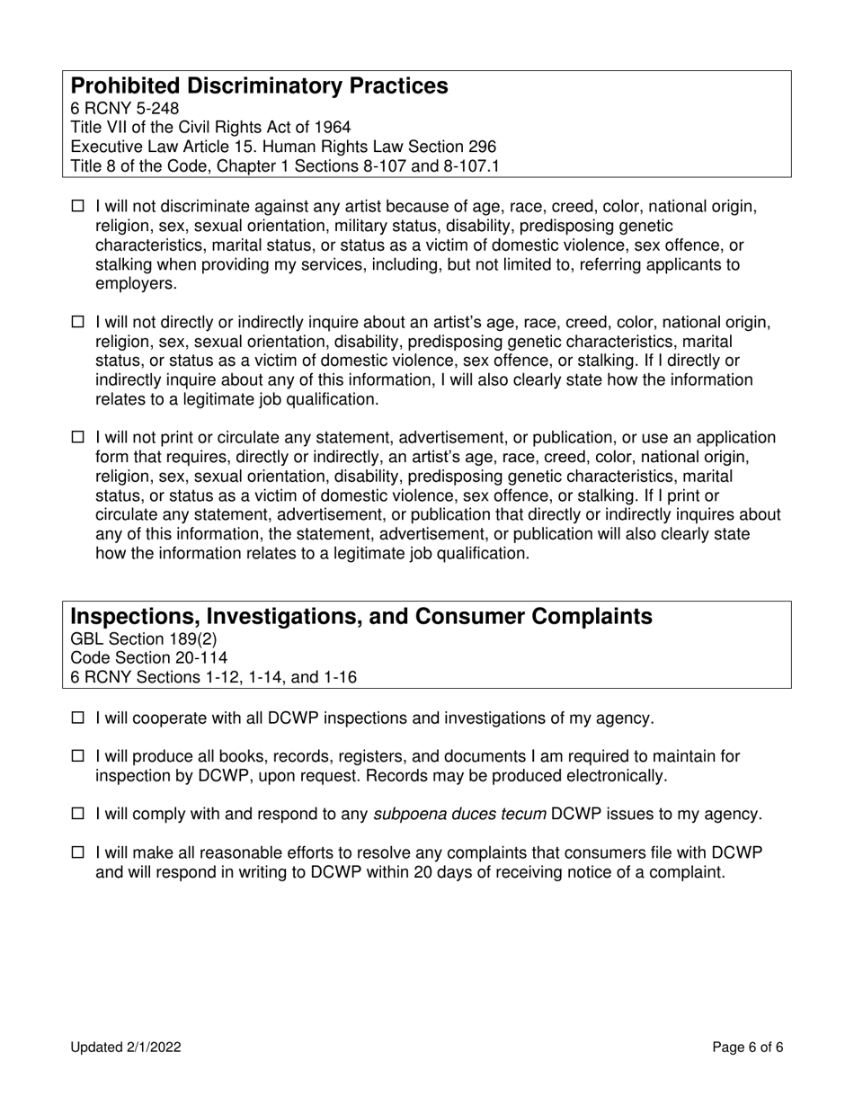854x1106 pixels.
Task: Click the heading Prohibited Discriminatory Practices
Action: point(259,86)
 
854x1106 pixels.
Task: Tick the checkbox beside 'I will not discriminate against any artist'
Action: point(76,207)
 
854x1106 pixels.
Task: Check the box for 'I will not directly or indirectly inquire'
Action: point(76,322)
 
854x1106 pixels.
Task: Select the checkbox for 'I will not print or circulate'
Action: point(76,438)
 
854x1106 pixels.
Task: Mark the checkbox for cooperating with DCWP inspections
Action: point(76,718)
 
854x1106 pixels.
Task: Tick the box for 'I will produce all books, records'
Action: point(76,757)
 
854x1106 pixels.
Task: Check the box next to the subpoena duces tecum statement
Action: point(76,815)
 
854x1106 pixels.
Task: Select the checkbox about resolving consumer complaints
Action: point(76,852)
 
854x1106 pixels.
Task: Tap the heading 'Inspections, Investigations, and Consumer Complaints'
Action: point(361,617)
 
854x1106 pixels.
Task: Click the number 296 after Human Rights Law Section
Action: point(481,147)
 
